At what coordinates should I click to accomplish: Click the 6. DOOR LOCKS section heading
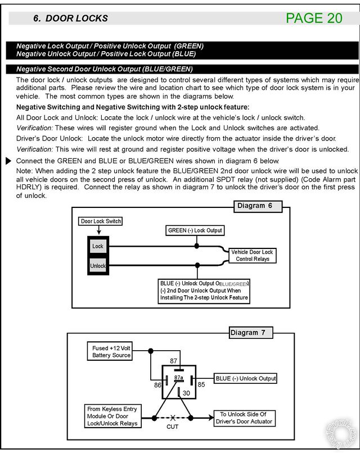pos(70,18)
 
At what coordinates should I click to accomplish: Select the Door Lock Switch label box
pos(101,221)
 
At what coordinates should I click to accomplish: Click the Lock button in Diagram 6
pos(98,247)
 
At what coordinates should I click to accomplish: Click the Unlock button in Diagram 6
pos(98,265)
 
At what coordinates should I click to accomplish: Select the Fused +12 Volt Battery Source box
pos(111,351)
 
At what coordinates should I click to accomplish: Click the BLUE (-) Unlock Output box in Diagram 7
pos(246,378)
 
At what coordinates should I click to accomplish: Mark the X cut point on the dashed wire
pos(173,418)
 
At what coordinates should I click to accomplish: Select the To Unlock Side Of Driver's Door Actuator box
pos(244,418)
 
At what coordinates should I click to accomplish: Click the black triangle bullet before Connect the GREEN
pos(8,161)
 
